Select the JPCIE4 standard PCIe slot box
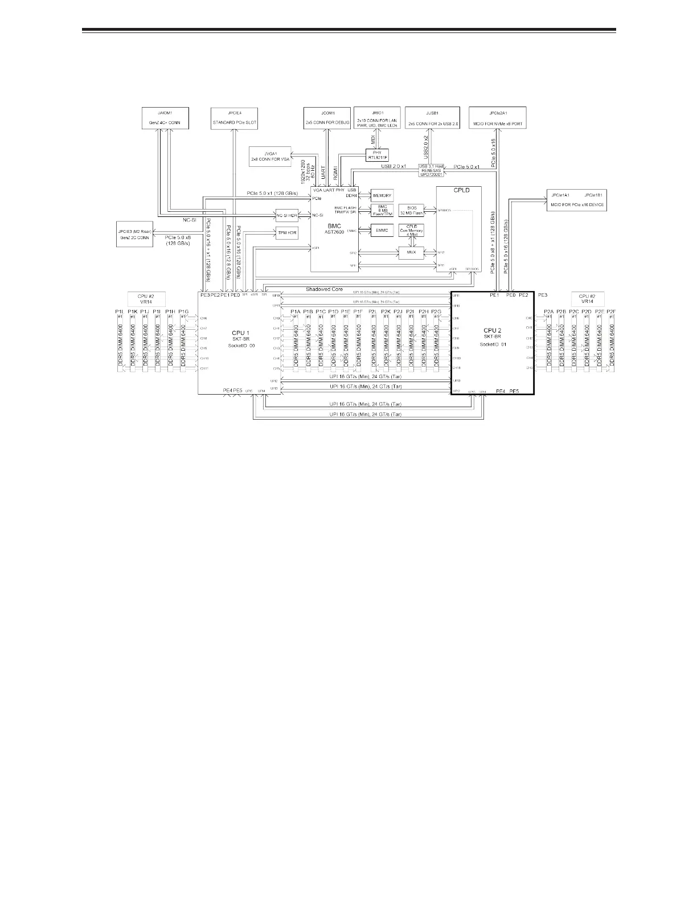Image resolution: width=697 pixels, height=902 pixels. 234,117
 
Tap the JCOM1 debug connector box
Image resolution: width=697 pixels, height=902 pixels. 327,117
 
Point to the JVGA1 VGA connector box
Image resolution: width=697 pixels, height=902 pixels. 270,155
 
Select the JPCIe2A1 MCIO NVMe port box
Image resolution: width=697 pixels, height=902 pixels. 497,117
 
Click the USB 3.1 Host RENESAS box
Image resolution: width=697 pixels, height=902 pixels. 432,170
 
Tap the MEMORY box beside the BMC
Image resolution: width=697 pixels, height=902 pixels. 383,195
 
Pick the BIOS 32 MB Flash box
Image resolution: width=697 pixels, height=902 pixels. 411,211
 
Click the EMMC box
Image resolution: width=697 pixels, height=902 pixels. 383,230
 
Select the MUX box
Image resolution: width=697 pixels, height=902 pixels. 411,252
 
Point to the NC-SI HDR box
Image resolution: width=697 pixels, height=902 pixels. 287,215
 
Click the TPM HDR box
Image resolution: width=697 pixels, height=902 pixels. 287,233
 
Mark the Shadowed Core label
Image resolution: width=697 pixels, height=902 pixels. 324,289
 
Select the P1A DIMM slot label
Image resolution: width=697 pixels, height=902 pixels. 295,311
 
